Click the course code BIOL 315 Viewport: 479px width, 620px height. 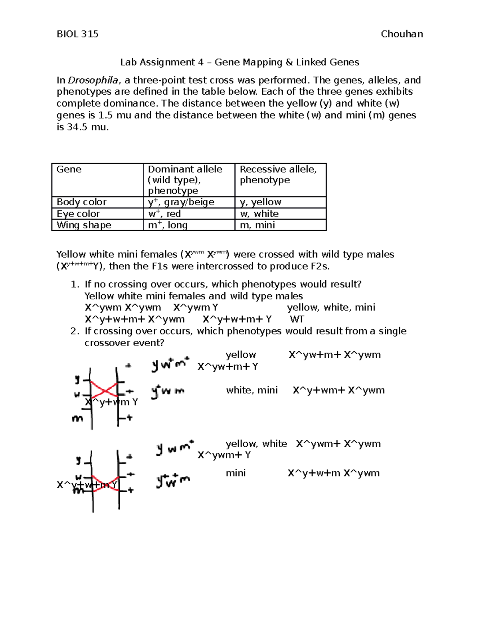(77, 34)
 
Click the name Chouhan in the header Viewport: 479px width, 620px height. (402, 34)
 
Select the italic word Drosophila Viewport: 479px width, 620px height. (93, 80)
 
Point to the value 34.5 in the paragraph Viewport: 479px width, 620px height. (77, 127)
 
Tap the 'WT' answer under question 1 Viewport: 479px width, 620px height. (297, 319)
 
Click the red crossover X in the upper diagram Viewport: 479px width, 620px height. (104, 388)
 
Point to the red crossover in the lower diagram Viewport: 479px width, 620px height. (106, 483)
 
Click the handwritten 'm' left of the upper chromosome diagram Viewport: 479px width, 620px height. (77, 418)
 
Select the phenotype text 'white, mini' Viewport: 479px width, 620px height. (252, 390)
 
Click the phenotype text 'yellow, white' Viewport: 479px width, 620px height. (256, 444)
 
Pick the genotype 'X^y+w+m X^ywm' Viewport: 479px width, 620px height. (334, 473)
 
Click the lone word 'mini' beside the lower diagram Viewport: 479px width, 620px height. (236, 473)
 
